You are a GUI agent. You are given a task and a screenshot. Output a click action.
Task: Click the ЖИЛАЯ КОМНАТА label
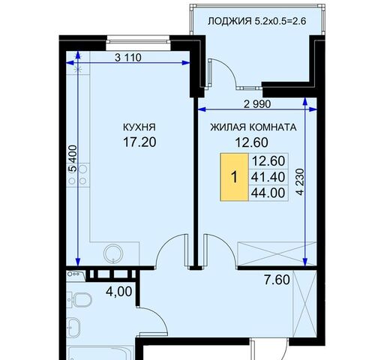click(x=252, y=127)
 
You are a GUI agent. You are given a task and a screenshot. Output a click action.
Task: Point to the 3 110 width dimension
click(x=129, y=56)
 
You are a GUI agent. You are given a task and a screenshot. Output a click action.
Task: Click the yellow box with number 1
click(x=234, y=178)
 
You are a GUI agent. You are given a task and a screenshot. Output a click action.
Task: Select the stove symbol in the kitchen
click(x=83, y=175)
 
